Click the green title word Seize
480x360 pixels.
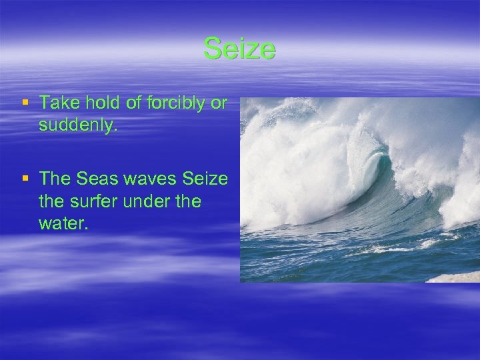point(239,49)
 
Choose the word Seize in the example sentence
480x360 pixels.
point(205,179)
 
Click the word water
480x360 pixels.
point(63,222)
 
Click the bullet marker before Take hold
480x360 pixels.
point(25,103)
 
